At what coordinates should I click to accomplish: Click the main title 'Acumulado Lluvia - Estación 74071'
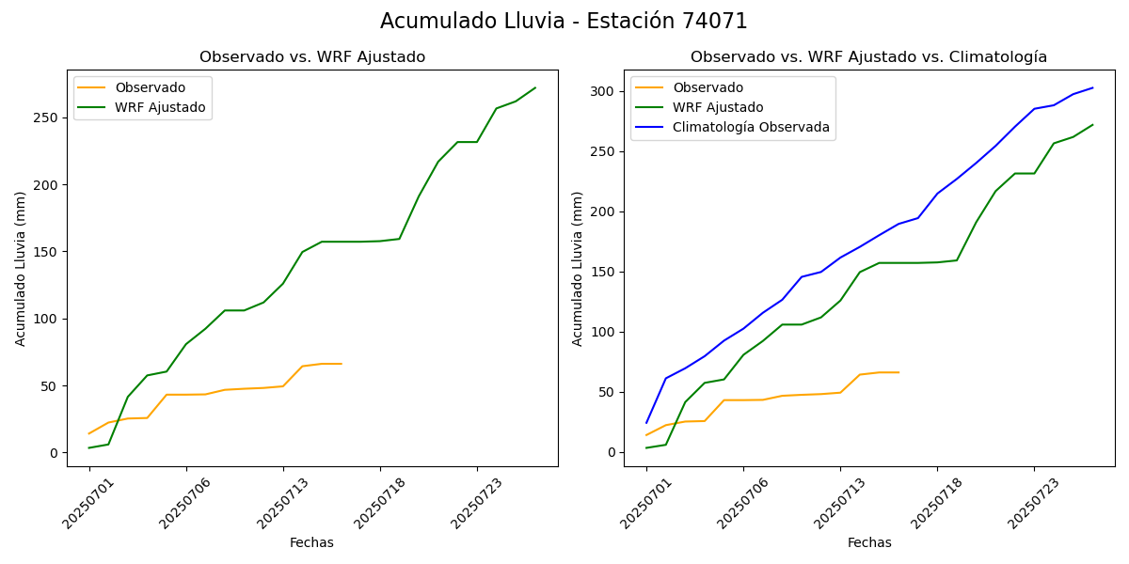point(564,22)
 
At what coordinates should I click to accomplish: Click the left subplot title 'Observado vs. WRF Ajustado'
point(312,57)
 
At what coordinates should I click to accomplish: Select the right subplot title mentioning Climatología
point(868,57)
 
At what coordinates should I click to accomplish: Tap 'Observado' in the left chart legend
point(150,87)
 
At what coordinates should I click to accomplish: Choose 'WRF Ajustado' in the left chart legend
point(160,107)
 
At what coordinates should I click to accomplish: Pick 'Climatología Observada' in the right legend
point(751,127)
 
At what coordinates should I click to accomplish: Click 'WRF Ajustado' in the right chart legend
point(718,107)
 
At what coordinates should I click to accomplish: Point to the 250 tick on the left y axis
point(49,117)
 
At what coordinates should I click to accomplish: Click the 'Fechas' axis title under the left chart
point(311,542)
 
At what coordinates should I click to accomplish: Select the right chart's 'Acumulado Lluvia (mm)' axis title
point(578,268)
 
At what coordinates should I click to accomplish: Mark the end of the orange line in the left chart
point(342,364)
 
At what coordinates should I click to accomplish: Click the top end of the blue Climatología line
point(1092,87)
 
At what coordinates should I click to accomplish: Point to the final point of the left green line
point(535,88)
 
